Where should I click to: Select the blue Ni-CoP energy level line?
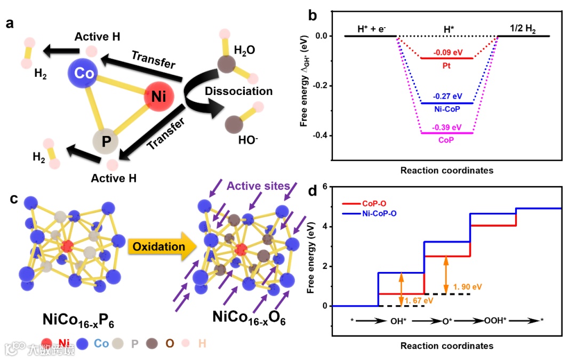(x=446, y=103)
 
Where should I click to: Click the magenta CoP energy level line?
(x=446, y=133)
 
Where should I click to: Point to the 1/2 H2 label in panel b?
(x=524, y=28)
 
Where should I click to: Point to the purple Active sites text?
(x=258, y=186)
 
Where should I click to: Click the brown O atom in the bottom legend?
(x=151, y=343)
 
